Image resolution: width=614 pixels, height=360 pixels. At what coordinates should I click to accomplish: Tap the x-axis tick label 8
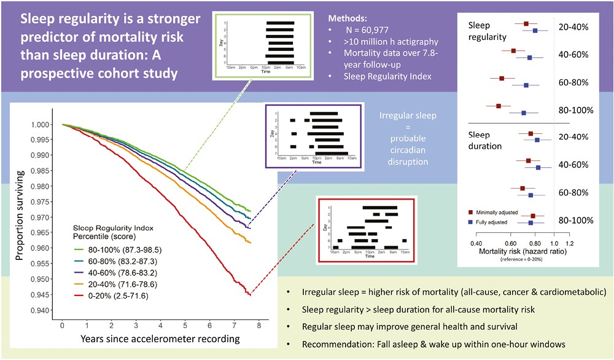pyautogui.click(x=258, y=324)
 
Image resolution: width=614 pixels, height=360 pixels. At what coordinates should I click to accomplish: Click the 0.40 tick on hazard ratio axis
pyautogui.click(x=476, y=243)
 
